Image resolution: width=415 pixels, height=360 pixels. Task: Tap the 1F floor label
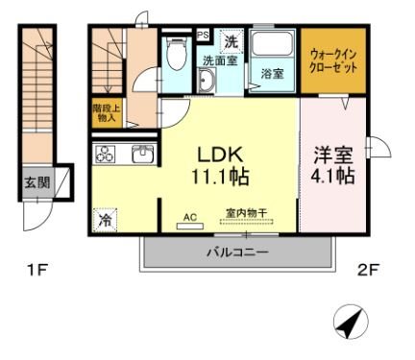click(36, 271)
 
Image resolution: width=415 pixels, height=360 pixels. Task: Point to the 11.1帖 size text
click(226, 177)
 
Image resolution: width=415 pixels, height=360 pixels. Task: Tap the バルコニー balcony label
click(236, 252)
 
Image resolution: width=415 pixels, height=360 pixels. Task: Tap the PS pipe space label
click(202, 34)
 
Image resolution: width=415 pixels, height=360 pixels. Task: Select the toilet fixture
click(175, 58)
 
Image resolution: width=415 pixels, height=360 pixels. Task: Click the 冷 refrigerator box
click(105, 220)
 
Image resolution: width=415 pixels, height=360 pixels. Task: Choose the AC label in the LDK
click(189, 218)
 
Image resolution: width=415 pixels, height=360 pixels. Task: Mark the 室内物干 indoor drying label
click(246, 217)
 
